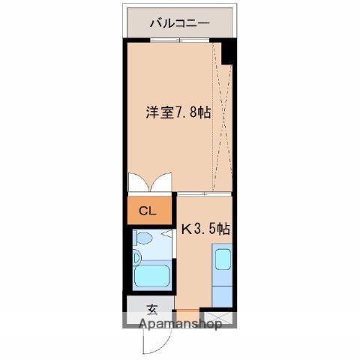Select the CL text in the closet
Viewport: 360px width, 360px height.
148,211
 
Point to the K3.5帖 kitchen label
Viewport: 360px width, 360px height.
204,229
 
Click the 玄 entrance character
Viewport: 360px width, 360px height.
151,308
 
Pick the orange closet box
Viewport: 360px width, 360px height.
148,211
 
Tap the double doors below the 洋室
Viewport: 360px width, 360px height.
151,182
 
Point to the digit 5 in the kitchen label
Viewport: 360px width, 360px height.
211,229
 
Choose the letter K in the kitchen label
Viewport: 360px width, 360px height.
185,229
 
